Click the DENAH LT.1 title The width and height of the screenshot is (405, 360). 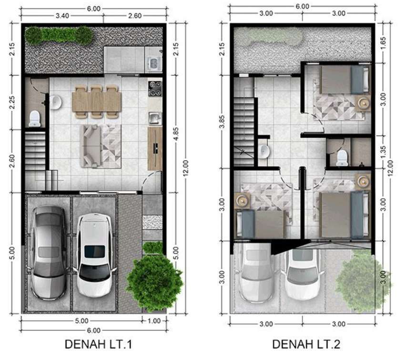(98, 344)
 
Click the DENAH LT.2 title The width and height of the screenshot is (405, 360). (306, 344)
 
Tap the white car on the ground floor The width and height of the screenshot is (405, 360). (95, 255)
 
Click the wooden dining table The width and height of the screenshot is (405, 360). (97, 102)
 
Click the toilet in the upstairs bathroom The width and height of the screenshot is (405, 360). (343, 158)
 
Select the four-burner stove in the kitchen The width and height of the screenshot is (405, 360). (155, 89)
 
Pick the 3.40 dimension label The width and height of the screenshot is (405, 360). (62, 16)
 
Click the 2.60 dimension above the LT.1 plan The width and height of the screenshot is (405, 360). (135, 16)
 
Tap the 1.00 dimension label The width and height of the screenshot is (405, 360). (154, 321)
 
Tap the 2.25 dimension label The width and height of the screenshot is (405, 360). (12, 103)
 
